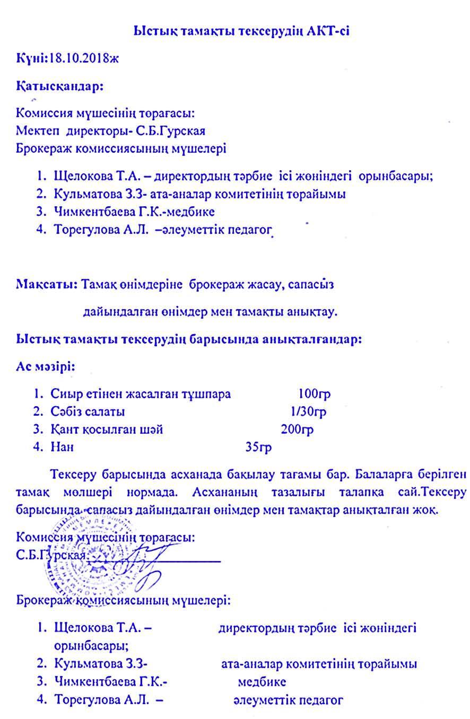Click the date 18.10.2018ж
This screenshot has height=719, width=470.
click(84, 58)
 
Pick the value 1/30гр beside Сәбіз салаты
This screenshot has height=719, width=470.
click(308, 411)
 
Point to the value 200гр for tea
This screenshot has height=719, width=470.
click(297, 429)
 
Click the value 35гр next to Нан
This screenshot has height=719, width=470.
click(258, 447)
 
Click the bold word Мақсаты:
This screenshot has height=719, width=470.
click(47, 284)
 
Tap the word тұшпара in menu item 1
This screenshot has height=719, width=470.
click(206, 394)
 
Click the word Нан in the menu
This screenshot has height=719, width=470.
click(62, 447)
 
